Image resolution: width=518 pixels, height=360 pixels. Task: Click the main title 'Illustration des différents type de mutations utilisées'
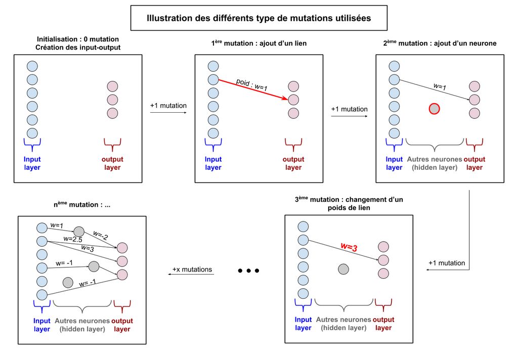point(258,18)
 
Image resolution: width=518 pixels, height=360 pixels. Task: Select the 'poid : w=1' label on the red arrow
point(251,84)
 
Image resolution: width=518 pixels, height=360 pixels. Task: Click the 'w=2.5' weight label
point(73,238)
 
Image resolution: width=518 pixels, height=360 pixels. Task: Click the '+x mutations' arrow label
point(192,269)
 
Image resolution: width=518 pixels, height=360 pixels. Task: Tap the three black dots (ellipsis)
point(248,271)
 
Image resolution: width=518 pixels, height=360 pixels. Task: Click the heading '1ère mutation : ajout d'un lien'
point(258,43)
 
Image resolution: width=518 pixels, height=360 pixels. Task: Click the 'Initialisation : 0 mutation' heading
point(78,39)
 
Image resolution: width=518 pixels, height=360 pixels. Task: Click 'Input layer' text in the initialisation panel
point(32,163)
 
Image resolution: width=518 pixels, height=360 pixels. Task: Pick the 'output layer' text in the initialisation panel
point(112,163)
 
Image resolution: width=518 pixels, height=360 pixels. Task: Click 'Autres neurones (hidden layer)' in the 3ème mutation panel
point(344,324)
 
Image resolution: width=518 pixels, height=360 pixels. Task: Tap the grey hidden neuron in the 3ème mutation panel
point(343,269)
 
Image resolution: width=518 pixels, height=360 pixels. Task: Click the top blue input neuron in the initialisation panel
point(32,66)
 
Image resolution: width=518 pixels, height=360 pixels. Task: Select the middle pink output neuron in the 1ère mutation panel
point(293,100)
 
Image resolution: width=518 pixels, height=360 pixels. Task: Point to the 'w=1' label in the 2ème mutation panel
point(440,87)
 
